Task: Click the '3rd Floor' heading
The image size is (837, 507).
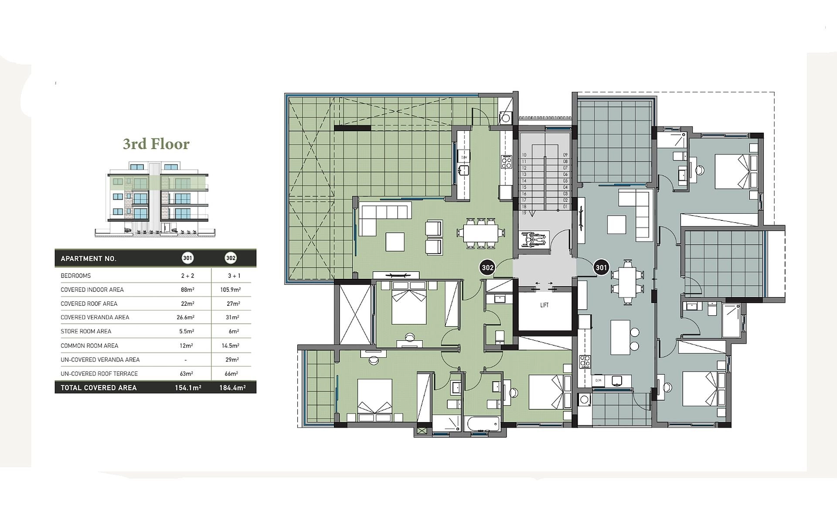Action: [x=156, y=144]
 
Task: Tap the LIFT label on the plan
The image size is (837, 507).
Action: [x=544, y=305]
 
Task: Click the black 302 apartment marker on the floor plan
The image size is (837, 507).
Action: [x=487, y=267]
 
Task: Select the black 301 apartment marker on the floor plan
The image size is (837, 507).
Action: [x=601, y=267]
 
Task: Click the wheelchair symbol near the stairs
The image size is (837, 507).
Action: [x=533, y=239]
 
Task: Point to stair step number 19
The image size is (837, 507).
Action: [x=524, y=213]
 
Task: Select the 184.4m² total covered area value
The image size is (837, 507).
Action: [x=232, y=388]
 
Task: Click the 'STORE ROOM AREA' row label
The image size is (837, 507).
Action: [x=86, y=331]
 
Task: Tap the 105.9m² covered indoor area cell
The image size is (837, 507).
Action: [x=231, y=290]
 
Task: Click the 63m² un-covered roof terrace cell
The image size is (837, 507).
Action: [x=186, y=374]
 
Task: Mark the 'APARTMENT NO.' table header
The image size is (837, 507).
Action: [x=88, y=259]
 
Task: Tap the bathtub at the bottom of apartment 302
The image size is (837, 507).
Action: [x=482, y=424]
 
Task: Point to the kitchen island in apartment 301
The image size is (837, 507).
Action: [x=620, y=338]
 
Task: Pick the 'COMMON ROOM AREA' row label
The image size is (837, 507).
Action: [x=89, y=346]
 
